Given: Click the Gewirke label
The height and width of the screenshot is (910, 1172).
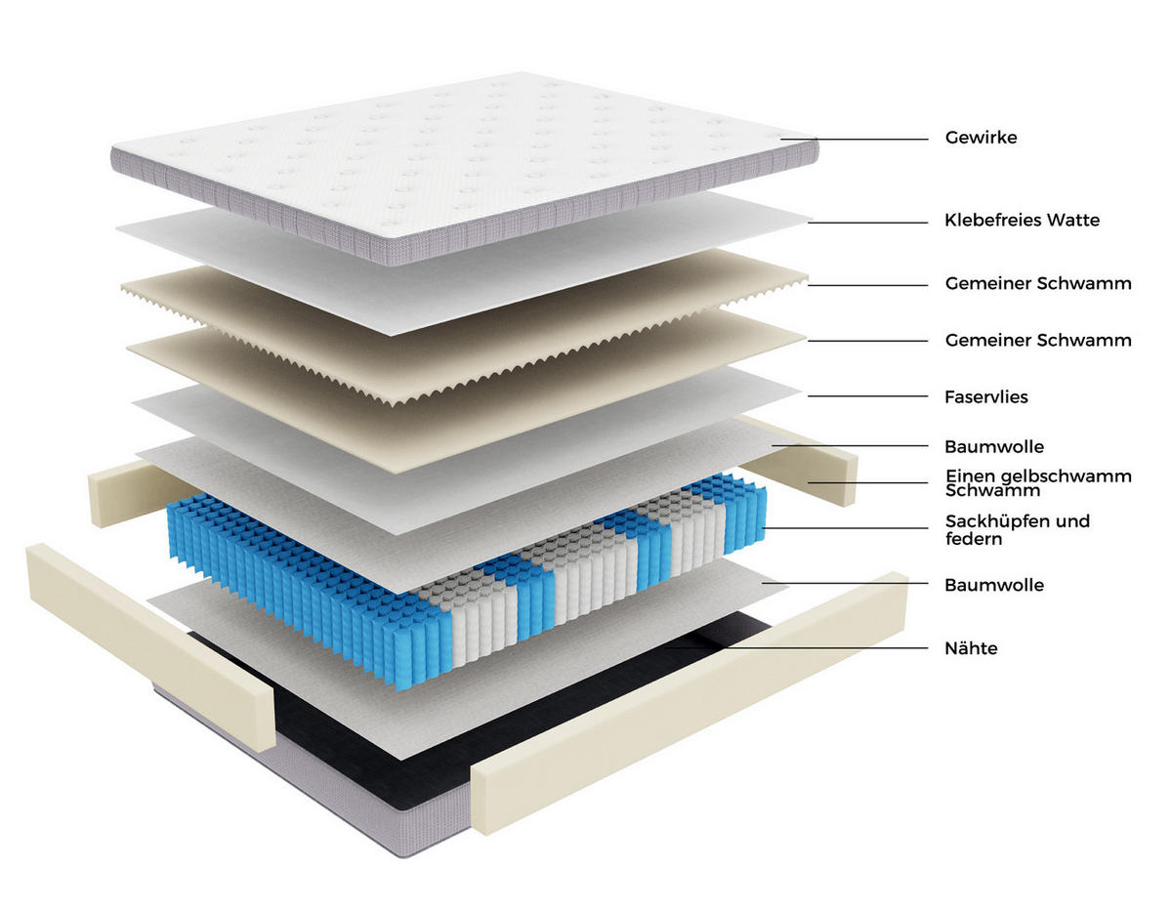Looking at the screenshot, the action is click(x=981, y=138).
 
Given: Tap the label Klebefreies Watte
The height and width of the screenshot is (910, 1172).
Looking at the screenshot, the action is click(x=1022, y=220).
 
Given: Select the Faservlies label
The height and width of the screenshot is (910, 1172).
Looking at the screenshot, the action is click(x=985, y=396).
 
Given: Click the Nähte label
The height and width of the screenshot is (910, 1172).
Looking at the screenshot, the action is click(x=971, y=648).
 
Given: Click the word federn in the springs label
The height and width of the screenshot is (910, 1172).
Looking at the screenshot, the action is click(x=974, y=539).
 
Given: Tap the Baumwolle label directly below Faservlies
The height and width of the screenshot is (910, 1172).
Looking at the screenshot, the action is click(x=994, y=446).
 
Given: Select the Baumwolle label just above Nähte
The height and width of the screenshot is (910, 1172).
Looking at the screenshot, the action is click(x=994, y=585).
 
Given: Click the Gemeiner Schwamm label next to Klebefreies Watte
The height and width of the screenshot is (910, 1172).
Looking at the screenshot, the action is click(x=1038, y=283).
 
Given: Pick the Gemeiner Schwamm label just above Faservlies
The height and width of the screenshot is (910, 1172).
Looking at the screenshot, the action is click(x=1038, y=340).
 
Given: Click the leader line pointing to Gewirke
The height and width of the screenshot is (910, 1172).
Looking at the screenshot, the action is click(x=854, y=139).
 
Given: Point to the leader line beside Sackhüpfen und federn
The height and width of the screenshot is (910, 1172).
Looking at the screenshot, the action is click(x=845, y=528).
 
